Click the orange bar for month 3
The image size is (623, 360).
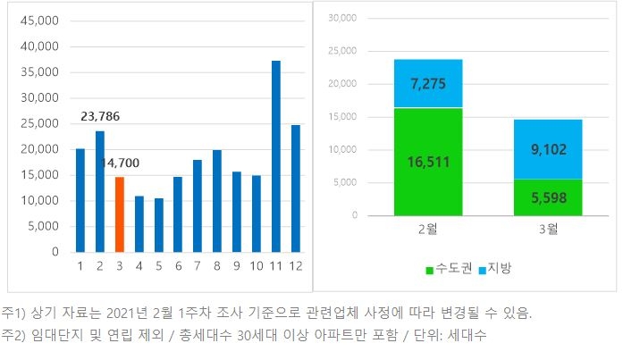coord(120,214)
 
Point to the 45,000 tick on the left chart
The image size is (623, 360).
coord(38,20)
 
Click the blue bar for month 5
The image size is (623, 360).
coord(159,225)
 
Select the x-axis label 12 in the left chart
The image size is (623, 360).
coord(296,266)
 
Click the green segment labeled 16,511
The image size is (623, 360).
coord(429,162)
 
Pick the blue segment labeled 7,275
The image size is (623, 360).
coord(429,84)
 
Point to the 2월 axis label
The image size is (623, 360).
coord(429,230)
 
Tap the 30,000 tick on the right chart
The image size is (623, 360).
coord(342,18)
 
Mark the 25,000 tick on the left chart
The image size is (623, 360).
coord(38,123)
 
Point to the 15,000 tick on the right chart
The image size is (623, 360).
coord(342,117)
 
